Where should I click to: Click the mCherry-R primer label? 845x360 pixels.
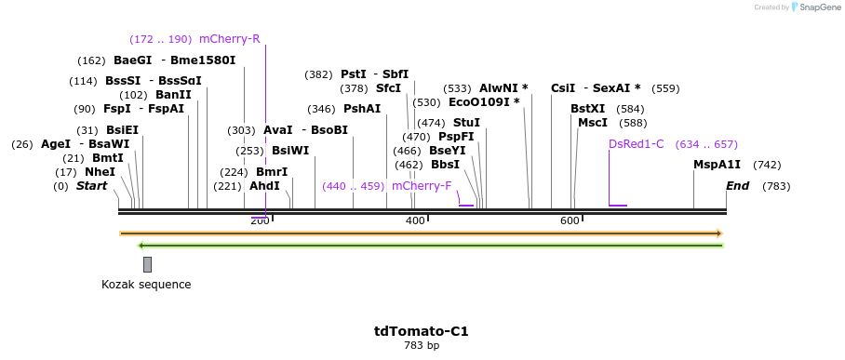[x=229, y=39]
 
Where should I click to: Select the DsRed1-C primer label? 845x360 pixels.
[x=637, y=144]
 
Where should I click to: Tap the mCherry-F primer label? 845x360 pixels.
[x=422, y=186]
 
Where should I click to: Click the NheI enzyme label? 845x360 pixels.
[x=100, y=172]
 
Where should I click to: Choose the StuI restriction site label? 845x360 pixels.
[x=466, y=123]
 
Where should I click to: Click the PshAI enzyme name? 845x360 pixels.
[x=362, y=109]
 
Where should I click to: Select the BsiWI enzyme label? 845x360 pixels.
[x=290, y=151]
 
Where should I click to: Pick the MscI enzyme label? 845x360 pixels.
[x=593, y=123]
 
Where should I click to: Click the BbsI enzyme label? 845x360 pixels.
[x=445, y=165]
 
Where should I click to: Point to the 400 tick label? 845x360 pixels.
[x=415, y=220]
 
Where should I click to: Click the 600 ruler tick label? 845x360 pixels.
[x=570, y=220]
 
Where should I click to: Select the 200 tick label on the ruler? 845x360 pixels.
[x=260, y=220]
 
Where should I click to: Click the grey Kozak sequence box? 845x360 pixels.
[x=147, y=264]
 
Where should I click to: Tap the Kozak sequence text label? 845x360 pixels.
[x=146, y=285]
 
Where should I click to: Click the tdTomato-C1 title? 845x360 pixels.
[x=422, y=331]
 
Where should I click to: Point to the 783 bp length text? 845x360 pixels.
[x=422, y=346]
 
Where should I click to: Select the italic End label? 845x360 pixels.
[x=737, y=186]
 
